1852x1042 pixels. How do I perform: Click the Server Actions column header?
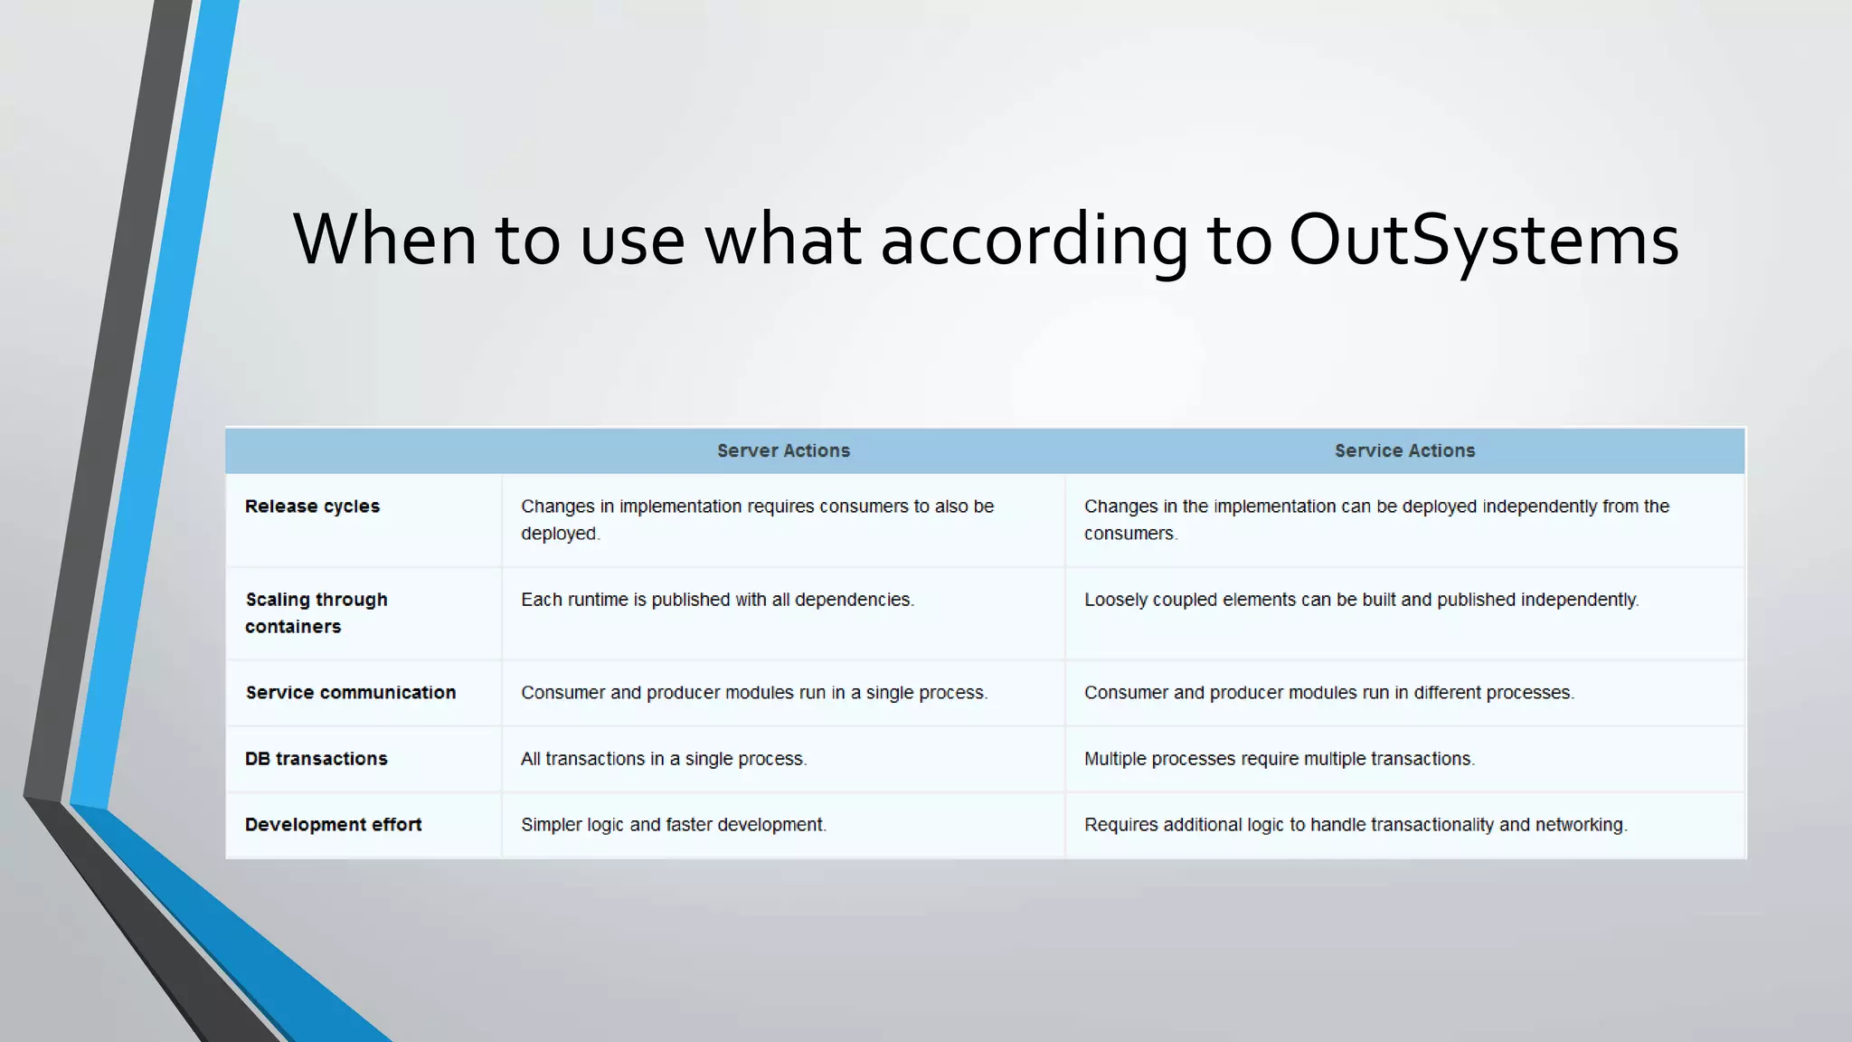pos(783,450)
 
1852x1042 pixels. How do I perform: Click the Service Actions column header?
pos(1404,450)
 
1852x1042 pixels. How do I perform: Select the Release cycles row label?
pos(312,507)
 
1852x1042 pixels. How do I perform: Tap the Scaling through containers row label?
pos(316,612)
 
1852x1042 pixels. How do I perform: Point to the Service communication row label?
pos(351,693)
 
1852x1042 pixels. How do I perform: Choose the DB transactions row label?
pos(316,759)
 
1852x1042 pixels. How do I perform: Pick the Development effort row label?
pos(333,825)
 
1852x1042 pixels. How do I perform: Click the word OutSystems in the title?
pos(1483,240)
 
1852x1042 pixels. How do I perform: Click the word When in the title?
pos(384,240)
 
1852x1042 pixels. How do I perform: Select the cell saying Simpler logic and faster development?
pos(674,825)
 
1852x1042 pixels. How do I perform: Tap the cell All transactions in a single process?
pos(664,759)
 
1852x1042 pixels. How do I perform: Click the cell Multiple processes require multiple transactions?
pos(1279,759)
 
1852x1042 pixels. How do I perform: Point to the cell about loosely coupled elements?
pos(1361,600)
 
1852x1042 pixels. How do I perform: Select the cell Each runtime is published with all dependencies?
pos(717,600)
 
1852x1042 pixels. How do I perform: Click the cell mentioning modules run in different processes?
pos(1328,693)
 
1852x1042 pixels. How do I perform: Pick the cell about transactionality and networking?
pos(1356,825)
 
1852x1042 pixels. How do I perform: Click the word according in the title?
pos(1034,240)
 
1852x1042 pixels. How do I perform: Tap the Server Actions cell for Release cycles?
pos(757,520)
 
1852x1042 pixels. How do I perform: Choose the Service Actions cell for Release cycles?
pos(1375,520)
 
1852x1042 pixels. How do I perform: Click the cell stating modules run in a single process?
pos(754,693)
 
